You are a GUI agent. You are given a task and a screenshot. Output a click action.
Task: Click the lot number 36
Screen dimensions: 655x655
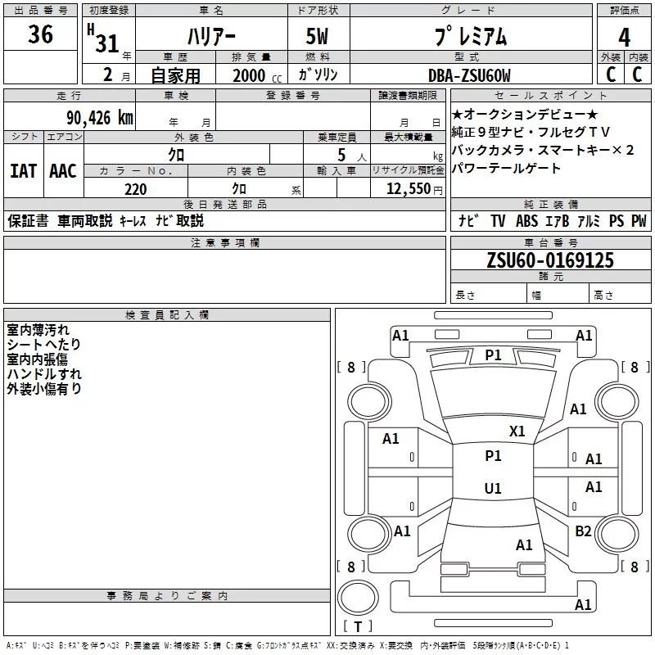[x=40, y=35]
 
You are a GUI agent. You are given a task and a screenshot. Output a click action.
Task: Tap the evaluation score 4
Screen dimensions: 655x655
[x=625, y=37]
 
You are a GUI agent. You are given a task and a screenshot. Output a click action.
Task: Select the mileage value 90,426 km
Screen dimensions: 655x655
[x=99, y=118]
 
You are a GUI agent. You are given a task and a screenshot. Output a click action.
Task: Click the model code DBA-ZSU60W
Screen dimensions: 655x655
[x=468, y=75]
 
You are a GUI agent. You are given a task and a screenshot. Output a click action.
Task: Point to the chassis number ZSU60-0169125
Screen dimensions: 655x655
[x=549, y=260]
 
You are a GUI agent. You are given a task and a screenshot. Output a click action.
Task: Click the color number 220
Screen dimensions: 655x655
[x=135, y=189]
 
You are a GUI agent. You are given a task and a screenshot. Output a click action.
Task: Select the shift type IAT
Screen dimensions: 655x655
[x=23, y=171]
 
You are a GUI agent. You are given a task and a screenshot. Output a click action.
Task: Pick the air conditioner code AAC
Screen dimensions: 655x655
[x=63, y=171]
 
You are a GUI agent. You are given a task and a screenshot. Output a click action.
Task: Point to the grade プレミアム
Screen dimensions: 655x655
[x=469, y=37]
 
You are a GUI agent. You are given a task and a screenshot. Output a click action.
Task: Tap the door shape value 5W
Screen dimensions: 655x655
[x=318, y=37]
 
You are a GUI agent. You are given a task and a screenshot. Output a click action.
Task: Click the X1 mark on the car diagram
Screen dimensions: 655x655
[x=517, y=431]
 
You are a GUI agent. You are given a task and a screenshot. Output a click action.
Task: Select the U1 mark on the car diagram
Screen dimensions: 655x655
[x=493, y=489]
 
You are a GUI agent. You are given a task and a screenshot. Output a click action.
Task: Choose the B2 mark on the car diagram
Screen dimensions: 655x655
[x=583, y=531]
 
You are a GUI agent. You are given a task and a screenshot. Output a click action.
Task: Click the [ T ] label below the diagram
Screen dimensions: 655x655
[x=357, y=627]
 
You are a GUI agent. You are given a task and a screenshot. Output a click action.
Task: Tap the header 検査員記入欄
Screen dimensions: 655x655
[x=167, y=315]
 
